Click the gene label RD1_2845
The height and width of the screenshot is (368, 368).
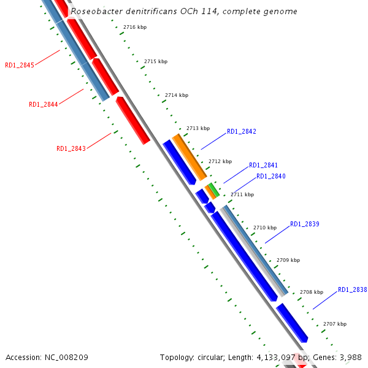click(x=20, y=65)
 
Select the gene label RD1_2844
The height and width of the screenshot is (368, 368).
click(x=44, y=104)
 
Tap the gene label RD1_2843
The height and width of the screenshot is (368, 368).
click(x=71, y=148)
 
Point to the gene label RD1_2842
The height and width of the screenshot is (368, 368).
click(x=242, y=131)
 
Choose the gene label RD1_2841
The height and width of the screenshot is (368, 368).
click(x=263, y=165)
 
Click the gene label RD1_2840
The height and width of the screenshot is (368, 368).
click(x=270, y=176)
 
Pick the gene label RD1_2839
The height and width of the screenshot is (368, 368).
click(x=304, y=224)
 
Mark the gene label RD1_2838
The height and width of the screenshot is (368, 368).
click(x=352, y=289)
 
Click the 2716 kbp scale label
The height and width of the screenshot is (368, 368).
click(x=135, y=28)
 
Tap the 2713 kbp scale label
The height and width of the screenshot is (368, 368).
click(x=198, y=128)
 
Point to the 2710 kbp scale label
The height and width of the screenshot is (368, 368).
click(x=265, y=228)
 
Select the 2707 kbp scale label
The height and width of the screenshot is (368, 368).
click(x=335, y=324)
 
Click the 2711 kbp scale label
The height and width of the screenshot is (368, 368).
click(x=242, y=194)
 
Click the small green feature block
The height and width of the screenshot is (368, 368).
click(x=213, y=189)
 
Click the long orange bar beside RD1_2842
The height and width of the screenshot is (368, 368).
click(x=190, y=157)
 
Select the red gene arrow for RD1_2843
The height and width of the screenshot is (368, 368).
click(x=133, y=120)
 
